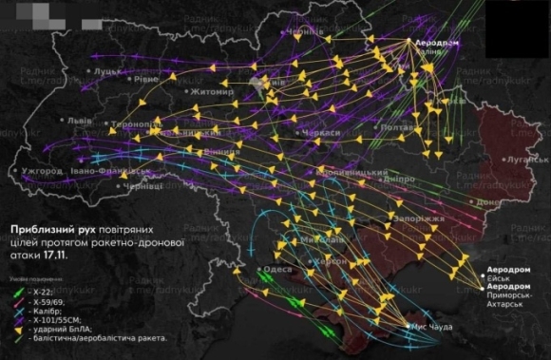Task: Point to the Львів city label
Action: coord(80,123)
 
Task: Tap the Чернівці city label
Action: coord(143,187)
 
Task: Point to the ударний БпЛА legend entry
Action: coord(59,329)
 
